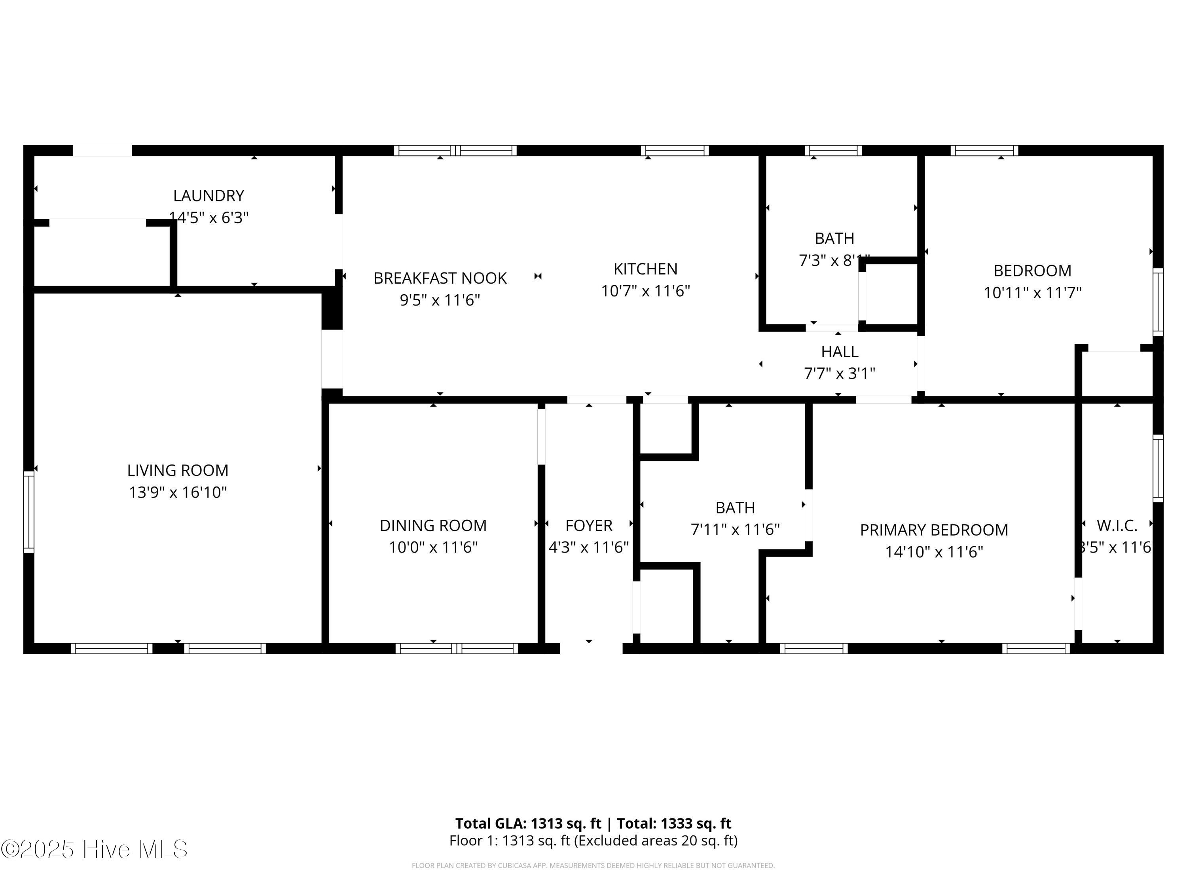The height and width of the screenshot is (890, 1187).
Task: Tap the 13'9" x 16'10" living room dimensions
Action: (178, 492)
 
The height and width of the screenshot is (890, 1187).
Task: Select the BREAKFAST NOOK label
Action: (440, 278)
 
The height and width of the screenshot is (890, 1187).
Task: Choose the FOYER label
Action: (589, 525)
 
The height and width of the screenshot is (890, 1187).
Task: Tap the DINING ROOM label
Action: (433, 525)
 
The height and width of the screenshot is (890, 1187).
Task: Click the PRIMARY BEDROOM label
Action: (934, 530)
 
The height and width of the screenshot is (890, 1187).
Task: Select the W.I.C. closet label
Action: (1117, 525)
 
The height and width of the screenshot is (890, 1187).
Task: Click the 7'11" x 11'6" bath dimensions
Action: (735, 530)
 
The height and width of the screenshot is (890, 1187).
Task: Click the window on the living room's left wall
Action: (28, 512)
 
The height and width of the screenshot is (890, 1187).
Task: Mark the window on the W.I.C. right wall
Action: (1158, 468)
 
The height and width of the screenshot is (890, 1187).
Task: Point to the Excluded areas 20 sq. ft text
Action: (656, 841)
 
